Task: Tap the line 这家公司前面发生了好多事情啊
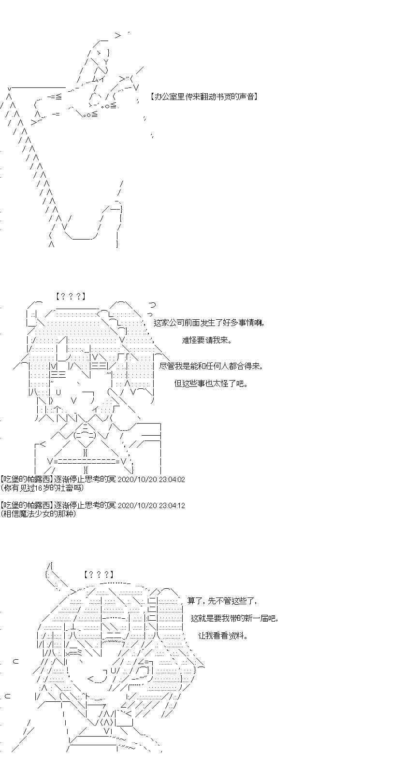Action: coord(209,323)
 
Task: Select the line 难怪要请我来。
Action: coord(207,340)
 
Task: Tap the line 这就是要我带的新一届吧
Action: coord(234,618)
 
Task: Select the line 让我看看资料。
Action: coord(223,636)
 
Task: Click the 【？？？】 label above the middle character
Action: coord(71,297)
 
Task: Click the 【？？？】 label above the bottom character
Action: coord(98,575)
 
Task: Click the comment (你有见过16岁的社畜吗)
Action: coord(42,488)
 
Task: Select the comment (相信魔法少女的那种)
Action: coord(39,514)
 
